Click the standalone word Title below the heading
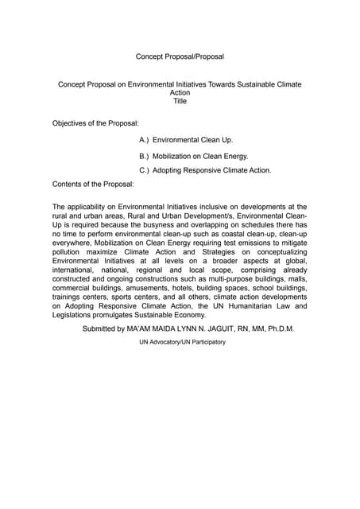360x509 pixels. (x=180, y=101)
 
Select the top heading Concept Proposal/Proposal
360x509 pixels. (x=180, y=56)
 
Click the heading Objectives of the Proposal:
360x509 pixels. (x=95, y=123)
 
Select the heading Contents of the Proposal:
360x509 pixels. (x=93, y=184)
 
